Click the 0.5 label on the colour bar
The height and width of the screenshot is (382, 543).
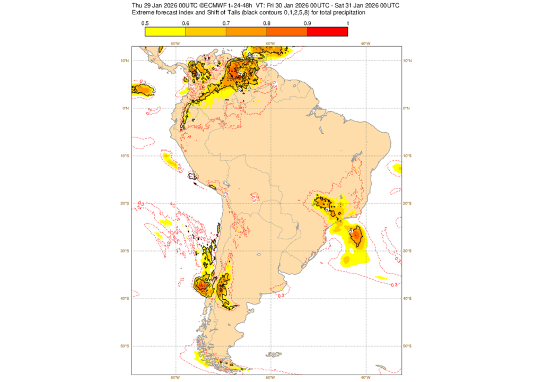click(x=145, y=23)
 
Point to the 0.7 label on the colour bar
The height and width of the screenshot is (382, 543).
click(x=226, y=23)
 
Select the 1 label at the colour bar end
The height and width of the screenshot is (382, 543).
click(x=347, y=23)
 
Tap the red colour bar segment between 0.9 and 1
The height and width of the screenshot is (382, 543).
click(x=327, y=31)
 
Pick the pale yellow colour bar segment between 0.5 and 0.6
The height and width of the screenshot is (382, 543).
click(x=165, y=31)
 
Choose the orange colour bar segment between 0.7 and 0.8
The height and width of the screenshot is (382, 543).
click(x=246, y=31)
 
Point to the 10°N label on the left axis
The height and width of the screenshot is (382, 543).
click(x=125, y=60)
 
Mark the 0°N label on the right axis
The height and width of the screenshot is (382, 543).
click(x=408, y=108)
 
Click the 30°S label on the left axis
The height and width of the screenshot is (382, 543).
click(x=125, y=251)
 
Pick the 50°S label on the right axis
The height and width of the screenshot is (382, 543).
click(x=409, y=346)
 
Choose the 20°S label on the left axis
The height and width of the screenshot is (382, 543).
click(x=125, y=203)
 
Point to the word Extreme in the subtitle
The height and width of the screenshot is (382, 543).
click(x=143, y=12)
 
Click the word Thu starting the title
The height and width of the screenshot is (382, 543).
click(x=138, y=5)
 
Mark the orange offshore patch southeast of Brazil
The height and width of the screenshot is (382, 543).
click(x=358, y=235)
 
